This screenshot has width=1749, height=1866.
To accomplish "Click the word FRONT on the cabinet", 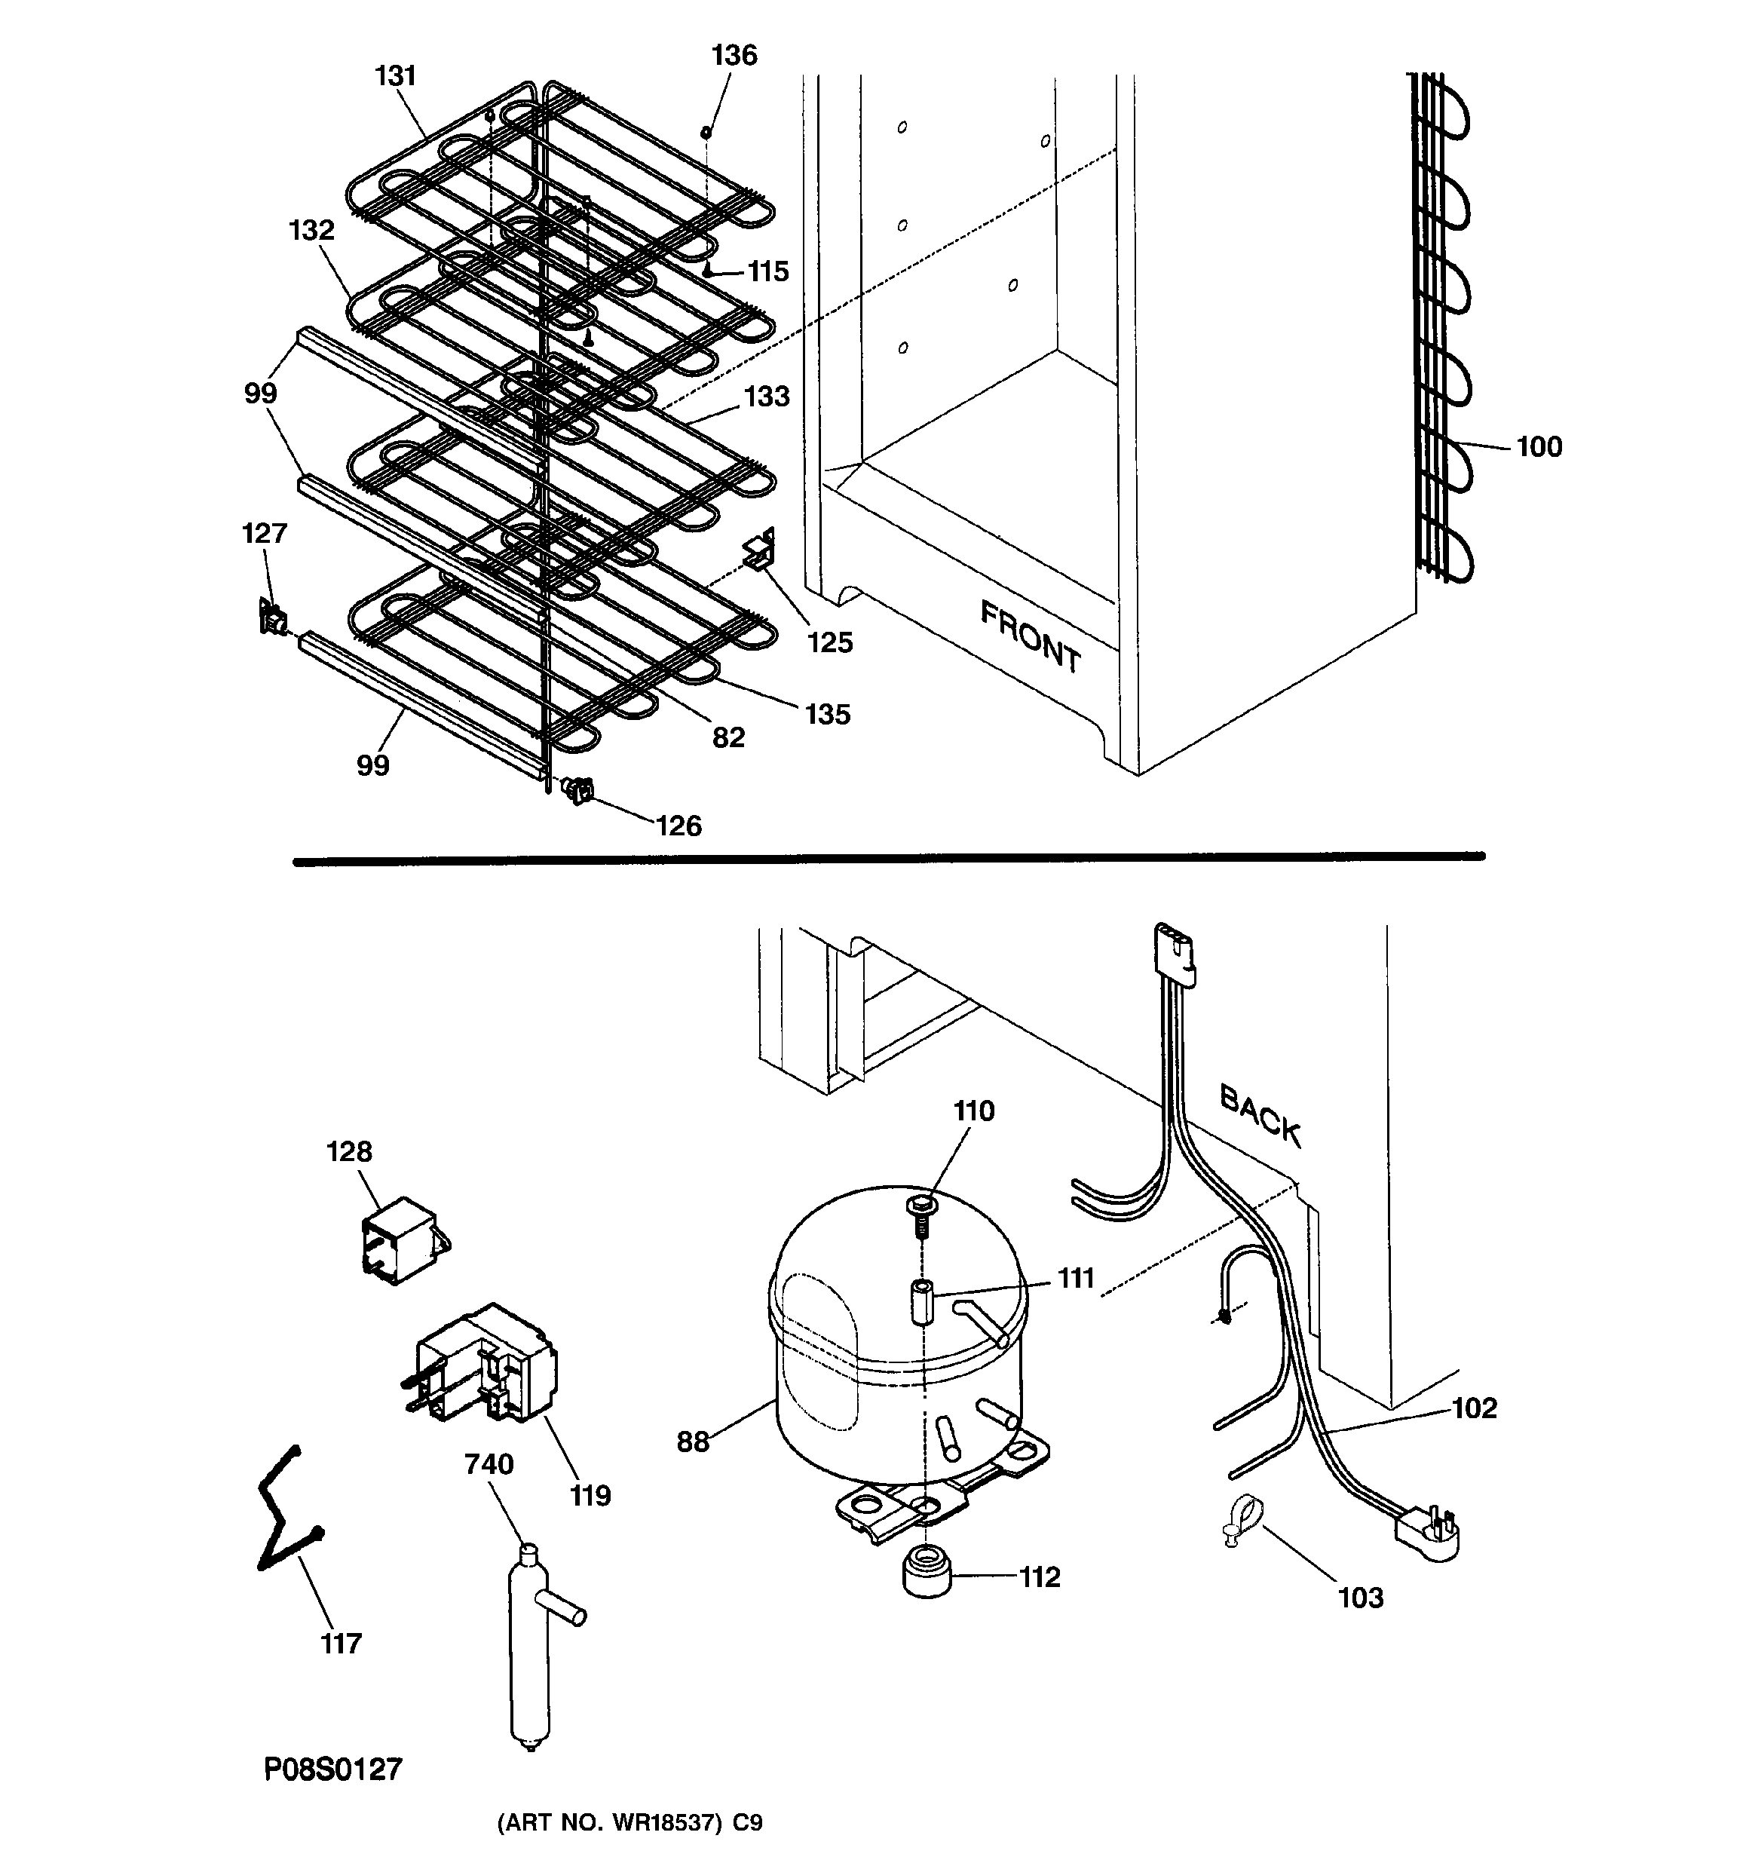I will point(1030,637).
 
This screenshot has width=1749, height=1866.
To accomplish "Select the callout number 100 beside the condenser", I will point(1539,447).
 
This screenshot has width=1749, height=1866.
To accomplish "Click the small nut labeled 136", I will point(706,133).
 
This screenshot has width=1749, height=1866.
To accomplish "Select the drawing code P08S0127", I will point(332,1769).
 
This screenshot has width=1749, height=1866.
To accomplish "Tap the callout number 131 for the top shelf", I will point(395,76).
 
